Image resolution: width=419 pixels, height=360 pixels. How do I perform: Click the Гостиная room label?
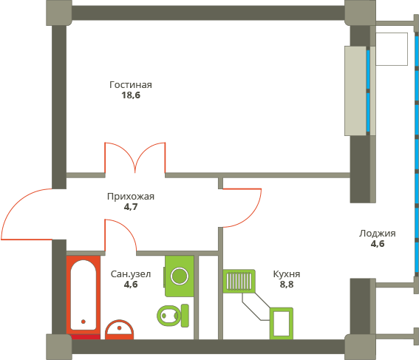[x=131, y=85]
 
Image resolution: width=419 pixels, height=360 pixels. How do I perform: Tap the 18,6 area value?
[x=131, y=95]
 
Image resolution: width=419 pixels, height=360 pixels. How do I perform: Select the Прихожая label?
[x=131, y=197]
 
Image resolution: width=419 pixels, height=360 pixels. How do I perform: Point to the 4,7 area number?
[x=131, y=207]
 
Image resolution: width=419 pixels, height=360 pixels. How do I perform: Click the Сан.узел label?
[x=131, y=274]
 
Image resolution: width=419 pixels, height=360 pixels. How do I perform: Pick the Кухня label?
[x=287, y=274]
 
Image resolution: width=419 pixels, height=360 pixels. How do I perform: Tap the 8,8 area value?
[x=287, y=285]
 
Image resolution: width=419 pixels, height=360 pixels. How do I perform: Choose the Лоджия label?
[x=378, y=234]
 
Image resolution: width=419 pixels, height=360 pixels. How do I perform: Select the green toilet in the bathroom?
[x=173, y=316]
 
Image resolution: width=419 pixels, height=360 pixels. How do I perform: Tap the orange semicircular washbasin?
[x=119, y=330]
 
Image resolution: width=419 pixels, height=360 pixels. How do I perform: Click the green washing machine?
[x=180, y=276]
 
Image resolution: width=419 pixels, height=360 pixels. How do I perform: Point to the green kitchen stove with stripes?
[x=239, y=281]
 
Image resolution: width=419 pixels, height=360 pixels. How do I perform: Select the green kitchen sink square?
[x=282, y=324]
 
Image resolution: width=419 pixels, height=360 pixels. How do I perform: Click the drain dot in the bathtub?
[x=84, y=322]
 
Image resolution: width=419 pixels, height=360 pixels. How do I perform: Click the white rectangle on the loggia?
[x=392, y=50]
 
